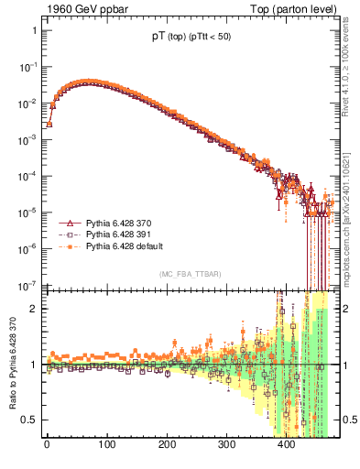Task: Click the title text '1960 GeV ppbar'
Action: point(80,9)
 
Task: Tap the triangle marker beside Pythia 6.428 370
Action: point(67,223)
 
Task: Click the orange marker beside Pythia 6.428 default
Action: point(67,246)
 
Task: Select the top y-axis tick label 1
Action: point(34,31)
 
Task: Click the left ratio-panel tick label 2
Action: point(34,309)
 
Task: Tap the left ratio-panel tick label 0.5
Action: point(30,420)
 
